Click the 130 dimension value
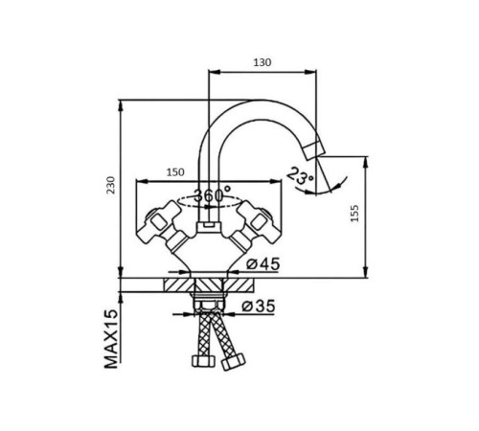pos(262,62)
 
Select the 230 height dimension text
pos(110,185)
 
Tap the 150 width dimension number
pos(175,172)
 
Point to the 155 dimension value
pos(354,214)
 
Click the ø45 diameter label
pos(262,264)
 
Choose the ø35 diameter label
pos(258,306)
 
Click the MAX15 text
pos(111,339)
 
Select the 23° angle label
pos(300,177)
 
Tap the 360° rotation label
pos(213,194)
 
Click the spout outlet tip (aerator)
pos(313,150)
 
